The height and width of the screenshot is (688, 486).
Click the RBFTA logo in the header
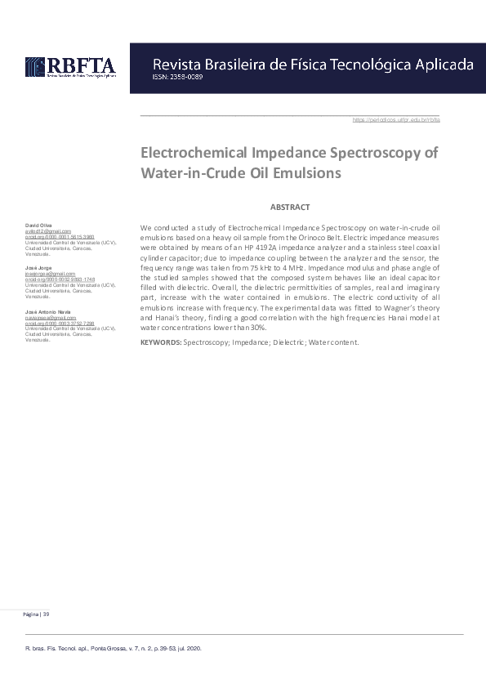pyautogui.click(x=70, y=66)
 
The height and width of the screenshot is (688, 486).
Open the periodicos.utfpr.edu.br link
pyautogui.click(x=396, y=119)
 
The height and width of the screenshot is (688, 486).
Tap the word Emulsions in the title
pyautogui.click(x=299, y=173)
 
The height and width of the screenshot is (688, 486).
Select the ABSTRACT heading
pyautogui.click(x=290, y=208)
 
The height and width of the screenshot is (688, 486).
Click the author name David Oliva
pyautogui.click(x=38, y=226)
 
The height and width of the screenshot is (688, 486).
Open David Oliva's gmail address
pyautogui.click(x=48, y=231)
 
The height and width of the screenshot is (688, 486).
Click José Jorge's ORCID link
pyautogui.click(x=60, y=279)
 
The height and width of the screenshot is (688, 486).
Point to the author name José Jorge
pyautogui.click(x=38, y=268)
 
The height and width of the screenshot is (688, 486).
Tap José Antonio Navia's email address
pyautogui.click(x=50, y=317)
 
